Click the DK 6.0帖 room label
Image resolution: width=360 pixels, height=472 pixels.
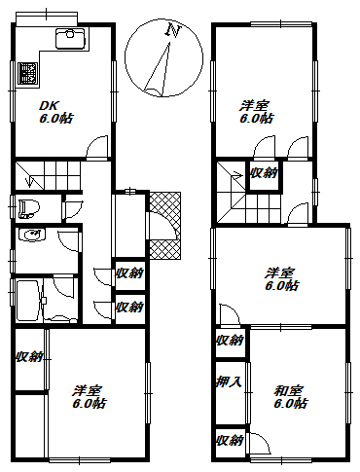56,112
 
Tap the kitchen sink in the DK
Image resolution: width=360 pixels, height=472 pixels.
70,39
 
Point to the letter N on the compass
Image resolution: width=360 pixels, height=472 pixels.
173,30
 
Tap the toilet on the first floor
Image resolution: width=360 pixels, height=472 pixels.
29,209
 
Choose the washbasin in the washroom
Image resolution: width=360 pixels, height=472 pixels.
31,236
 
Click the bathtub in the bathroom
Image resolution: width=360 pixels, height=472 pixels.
28,301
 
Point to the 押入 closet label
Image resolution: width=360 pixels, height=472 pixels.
230,381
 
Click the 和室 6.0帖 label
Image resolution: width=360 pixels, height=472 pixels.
291,397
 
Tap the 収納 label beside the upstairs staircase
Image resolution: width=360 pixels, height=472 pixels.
264,173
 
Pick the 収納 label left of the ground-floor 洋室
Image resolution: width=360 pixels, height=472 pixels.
29,357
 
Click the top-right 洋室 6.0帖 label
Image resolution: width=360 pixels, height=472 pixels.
256,112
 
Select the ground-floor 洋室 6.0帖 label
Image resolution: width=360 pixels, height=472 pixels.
90,397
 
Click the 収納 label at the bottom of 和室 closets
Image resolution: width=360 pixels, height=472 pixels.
230,440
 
